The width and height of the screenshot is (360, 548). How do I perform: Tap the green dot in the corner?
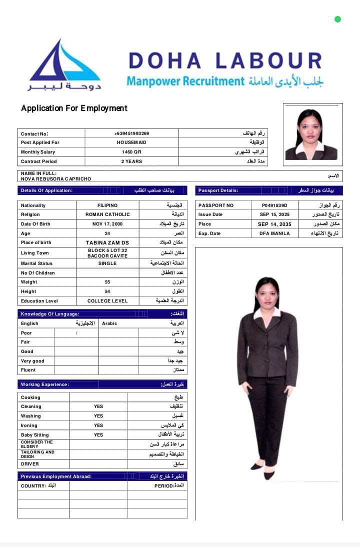337,19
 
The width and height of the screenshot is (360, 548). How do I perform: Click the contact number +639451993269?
131,133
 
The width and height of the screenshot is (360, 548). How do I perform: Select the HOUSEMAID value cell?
131,142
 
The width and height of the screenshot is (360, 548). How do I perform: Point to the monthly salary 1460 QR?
131,152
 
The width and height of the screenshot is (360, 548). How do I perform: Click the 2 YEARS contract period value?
131,161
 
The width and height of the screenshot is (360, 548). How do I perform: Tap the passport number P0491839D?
274,205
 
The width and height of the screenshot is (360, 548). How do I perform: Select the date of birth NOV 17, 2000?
107,224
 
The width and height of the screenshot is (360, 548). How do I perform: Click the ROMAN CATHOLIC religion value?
107,214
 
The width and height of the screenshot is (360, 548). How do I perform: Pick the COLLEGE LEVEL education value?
107,301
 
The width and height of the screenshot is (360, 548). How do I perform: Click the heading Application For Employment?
74,108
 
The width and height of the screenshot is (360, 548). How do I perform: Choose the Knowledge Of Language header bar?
102,314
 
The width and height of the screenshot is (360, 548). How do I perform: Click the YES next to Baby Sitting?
98,435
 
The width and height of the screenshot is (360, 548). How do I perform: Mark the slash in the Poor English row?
76,333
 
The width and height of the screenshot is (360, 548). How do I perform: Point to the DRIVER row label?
30,464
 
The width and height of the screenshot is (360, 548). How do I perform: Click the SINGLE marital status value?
107,263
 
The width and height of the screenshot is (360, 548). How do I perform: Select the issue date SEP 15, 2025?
274,214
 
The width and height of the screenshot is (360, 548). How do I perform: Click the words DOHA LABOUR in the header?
225,60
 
